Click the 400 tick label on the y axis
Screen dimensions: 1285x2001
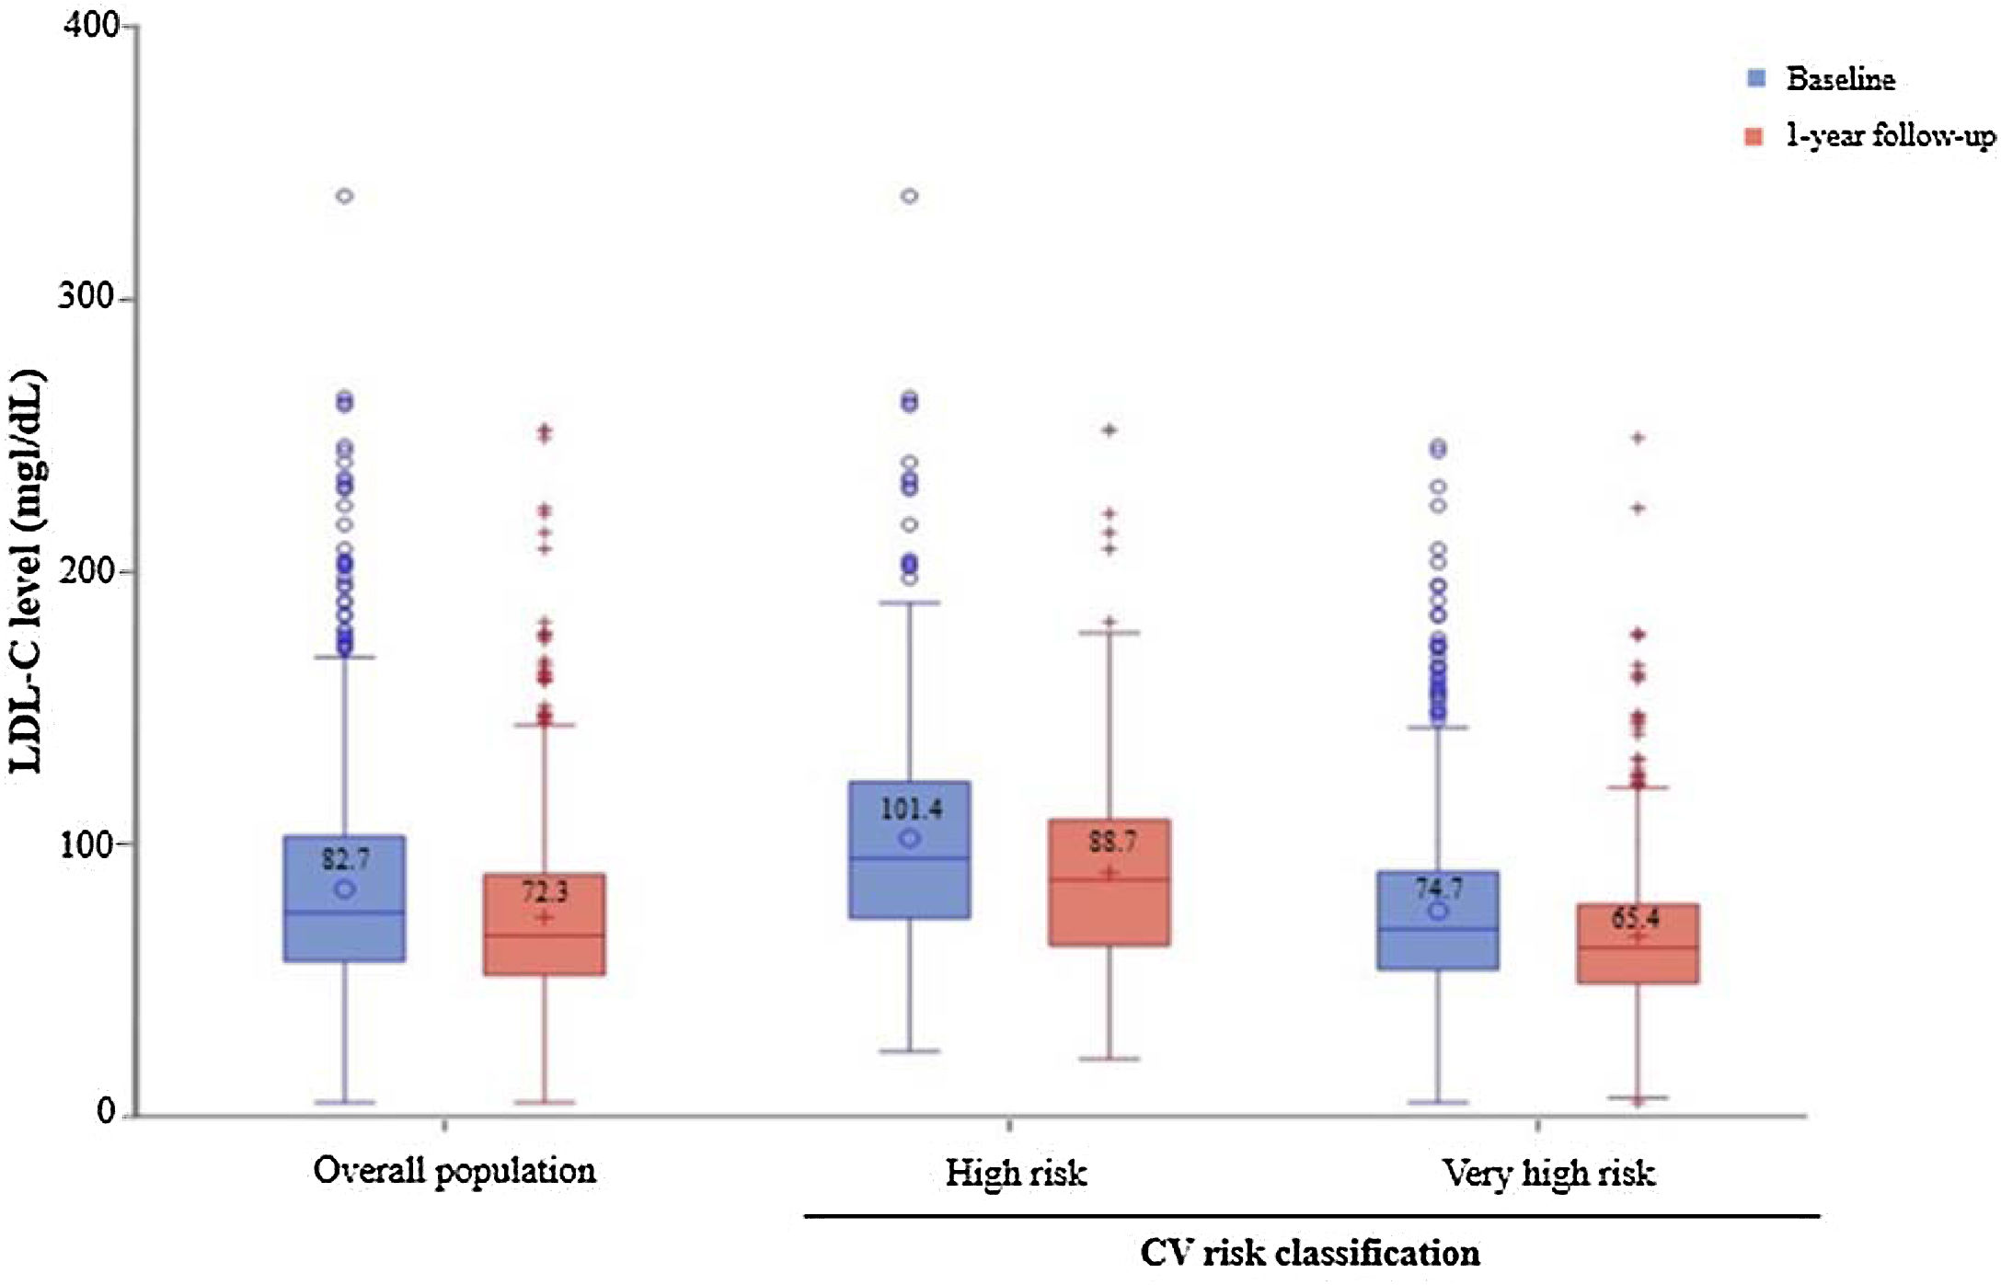91,26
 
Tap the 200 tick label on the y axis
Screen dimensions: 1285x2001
86,570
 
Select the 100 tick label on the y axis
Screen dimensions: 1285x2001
86,843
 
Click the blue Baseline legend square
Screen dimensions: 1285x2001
1755,78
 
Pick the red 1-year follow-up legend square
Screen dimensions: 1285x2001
1754,137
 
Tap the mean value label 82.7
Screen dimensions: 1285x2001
345,859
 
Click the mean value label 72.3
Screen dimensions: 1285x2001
545,891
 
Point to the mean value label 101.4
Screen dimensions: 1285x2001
911,809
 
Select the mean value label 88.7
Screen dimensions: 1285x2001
1111,841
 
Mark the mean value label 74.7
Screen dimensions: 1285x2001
1438,888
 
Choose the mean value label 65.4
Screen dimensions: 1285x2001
1635,918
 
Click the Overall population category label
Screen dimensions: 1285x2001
454,1171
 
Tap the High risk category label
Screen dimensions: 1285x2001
1016,1173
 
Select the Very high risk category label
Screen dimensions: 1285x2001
1548,1173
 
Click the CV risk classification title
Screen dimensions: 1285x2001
1309,1253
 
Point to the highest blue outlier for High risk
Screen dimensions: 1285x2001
909,196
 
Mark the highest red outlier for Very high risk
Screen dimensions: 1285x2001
1638,438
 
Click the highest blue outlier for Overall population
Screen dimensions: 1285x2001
345,196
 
